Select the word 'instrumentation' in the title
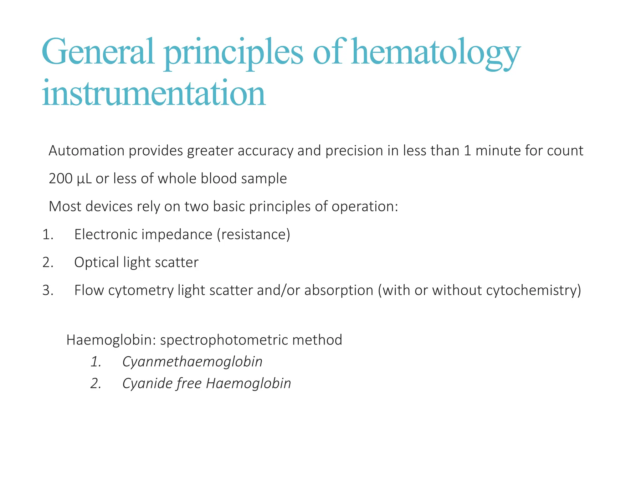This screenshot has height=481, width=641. click(x=154, y=93)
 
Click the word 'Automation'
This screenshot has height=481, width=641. click(x=87, y=151)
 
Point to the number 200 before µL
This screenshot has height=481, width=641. click(x=61, y=178)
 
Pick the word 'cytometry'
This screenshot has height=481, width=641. click(x=141, y=291)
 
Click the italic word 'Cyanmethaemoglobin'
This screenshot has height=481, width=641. click(x=192, y=362)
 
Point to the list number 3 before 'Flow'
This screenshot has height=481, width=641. click(x=48, y=290)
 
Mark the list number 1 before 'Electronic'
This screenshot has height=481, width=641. click(x=48, y=235)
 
